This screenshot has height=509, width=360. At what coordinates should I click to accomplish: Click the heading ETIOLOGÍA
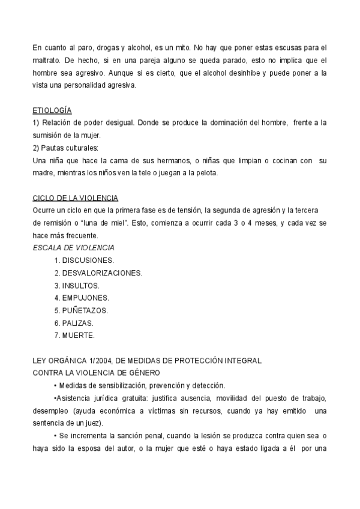pos(52,110)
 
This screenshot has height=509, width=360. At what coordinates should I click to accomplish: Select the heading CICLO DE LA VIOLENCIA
pos(75,197)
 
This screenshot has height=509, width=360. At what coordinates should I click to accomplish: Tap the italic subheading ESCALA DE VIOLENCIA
pos(73,248)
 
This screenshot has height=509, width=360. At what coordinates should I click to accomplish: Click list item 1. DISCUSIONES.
pos(84,261)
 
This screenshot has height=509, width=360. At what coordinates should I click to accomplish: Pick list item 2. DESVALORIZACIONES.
pos(98,273)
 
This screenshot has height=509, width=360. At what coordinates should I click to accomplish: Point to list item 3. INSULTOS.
pos(77,286)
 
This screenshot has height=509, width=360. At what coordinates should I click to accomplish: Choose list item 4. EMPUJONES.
pos(82,298)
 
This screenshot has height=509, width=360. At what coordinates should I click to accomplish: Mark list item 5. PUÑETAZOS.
pos(81,310)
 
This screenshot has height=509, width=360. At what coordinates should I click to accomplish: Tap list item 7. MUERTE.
pos(74,336)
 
